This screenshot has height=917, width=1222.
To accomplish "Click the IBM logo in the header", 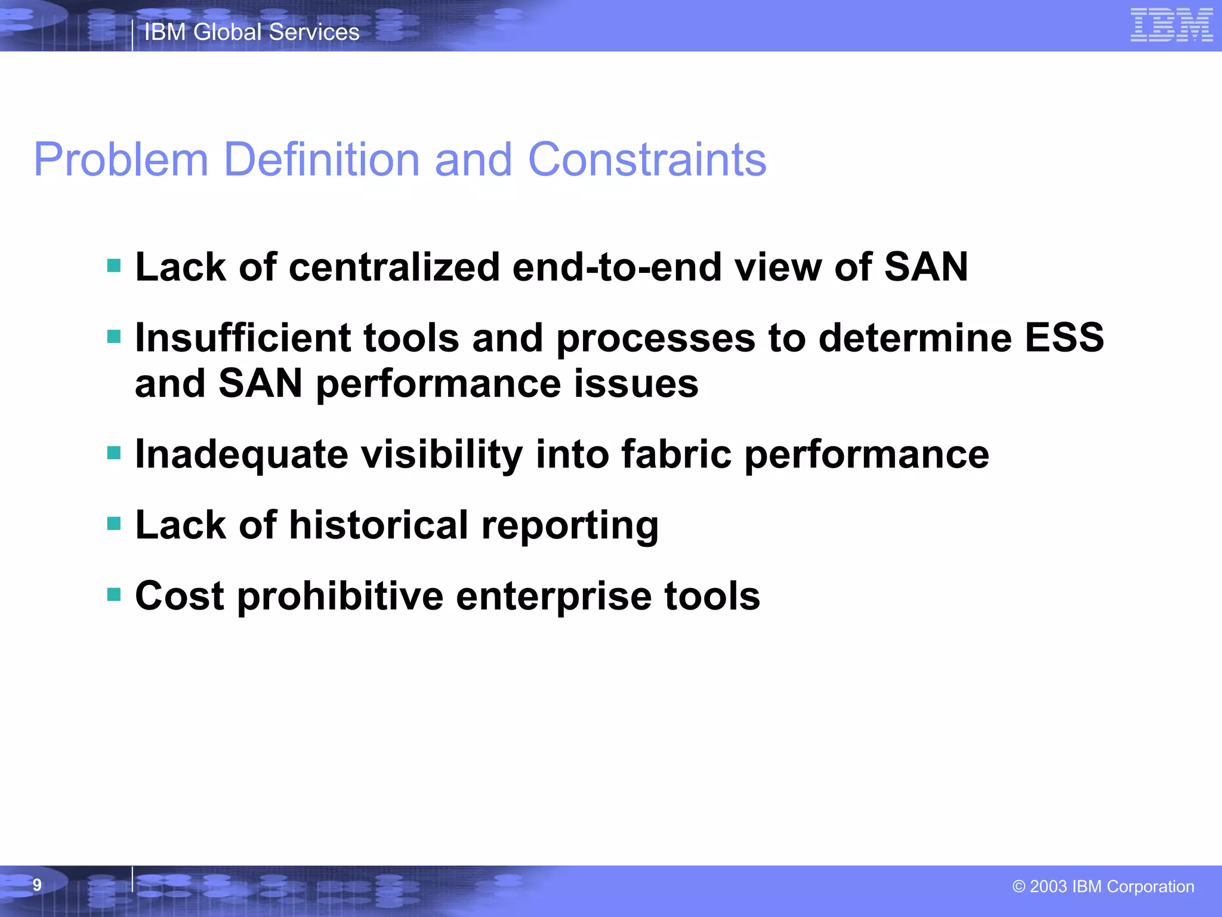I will [x=1171, y=26].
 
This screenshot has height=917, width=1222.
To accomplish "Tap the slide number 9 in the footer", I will [x=37, y=885].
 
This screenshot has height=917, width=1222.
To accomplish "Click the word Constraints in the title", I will [x=647, y=159].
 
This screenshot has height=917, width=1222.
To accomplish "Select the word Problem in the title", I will [x=121, y=159].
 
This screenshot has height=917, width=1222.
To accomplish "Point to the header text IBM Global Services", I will [x=252, y=32].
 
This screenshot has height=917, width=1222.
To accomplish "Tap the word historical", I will [x=378, y=525].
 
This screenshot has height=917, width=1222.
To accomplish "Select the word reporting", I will [x=570, y=526].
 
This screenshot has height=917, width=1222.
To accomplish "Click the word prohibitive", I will [x=340, y=596].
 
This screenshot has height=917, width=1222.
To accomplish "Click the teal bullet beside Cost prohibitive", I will [x=113, y=594].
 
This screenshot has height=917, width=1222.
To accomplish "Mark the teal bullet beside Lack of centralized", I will [x=113, y=265].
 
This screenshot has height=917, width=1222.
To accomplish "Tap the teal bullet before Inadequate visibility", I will [x=113, y=453].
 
